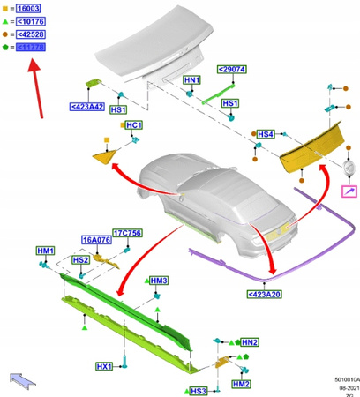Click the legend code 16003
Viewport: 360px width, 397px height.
pos(27,7)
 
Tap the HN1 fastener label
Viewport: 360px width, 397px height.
pos(191,80)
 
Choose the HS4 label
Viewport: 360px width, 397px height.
pos(265,134)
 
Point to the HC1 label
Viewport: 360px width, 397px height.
pos(134,125)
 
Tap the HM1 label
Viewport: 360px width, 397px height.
pos(46,251)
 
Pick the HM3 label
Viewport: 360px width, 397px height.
pos(159,281)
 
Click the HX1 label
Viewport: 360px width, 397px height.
pos(104,366)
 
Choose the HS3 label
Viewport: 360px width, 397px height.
pos(198,390)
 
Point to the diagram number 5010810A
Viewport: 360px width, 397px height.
pos(335,375)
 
